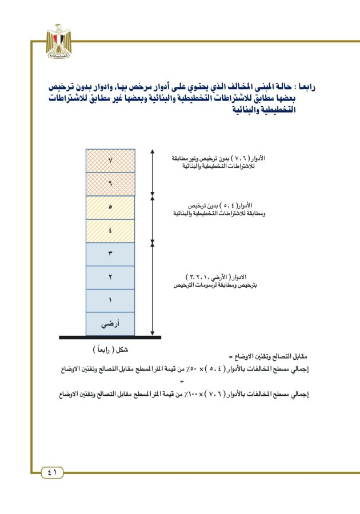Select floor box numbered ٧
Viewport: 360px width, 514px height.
click(x=110, y=160)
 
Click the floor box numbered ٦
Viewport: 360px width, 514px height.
click(x=110, y=184)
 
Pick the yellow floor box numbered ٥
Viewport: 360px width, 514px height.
click(x=110, y=207)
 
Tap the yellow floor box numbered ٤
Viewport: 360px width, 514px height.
click(x=110, y=231)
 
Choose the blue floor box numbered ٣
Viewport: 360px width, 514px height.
click(x=110, y=254)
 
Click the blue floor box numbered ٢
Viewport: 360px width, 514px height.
click(x=110, y=278)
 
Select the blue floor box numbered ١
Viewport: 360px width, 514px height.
click(x=110, y=300)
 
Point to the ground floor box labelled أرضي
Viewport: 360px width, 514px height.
click(x=110, y=324)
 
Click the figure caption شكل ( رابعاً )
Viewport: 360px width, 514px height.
click(x=110, y=349)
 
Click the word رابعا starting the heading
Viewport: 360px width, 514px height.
click(x=303, y=87)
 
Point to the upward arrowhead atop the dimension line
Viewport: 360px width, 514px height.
click(x=153, y=151)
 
